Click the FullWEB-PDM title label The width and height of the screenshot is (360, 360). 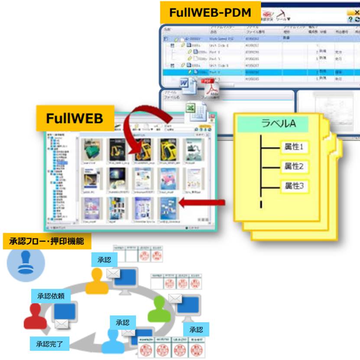pyautogui.click(x=210, y=12)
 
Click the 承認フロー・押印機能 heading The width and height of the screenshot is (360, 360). pyautogui.click(x=47, y=241)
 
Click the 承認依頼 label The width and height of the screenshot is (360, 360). pyautogui.click(x=51, y=296)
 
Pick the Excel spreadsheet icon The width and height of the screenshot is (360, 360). pyautogui.click(x=194, y=114)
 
